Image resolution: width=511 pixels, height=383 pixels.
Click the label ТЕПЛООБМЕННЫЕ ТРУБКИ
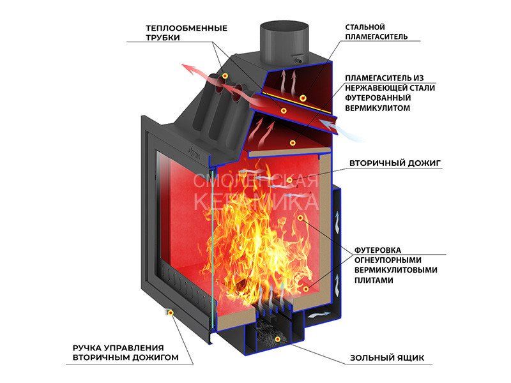[x=187, y=33]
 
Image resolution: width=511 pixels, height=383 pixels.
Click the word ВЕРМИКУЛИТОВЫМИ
[x=396, y=270]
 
